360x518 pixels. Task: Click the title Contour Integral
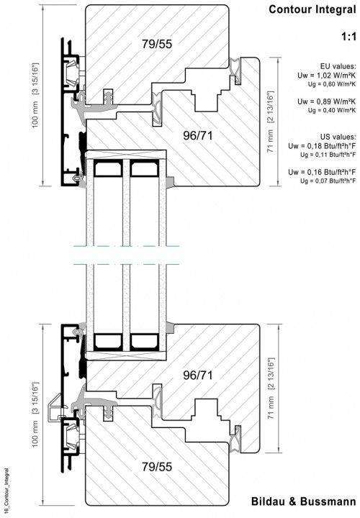click(x=313, y=10)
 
